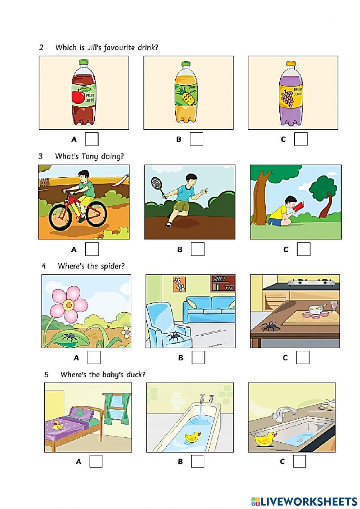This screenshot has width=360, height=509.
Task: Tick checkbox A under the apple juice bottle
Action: (x=92, y=139)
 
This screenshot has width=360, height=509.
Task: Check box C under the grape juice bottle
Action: (x=301, y=139)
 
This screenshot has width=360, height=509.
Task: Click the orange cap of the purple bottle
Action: (x=291, y=64)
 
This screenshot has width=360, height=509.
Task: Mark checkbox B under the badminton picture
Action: (x=197, y=249)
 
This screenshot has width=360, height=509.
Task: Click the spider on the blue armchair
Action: (x=174, y=336)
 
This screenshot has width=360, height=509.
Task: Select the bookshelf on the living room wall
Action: (x=222, y=283)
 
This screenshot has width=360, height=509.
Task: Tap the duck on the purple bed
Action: (x=57, y=426)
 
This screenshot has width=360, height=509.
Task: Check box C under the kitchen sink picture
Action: (x=299, y=461)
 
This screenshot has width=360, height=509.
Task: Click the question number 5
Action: (x=46, y=375)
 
